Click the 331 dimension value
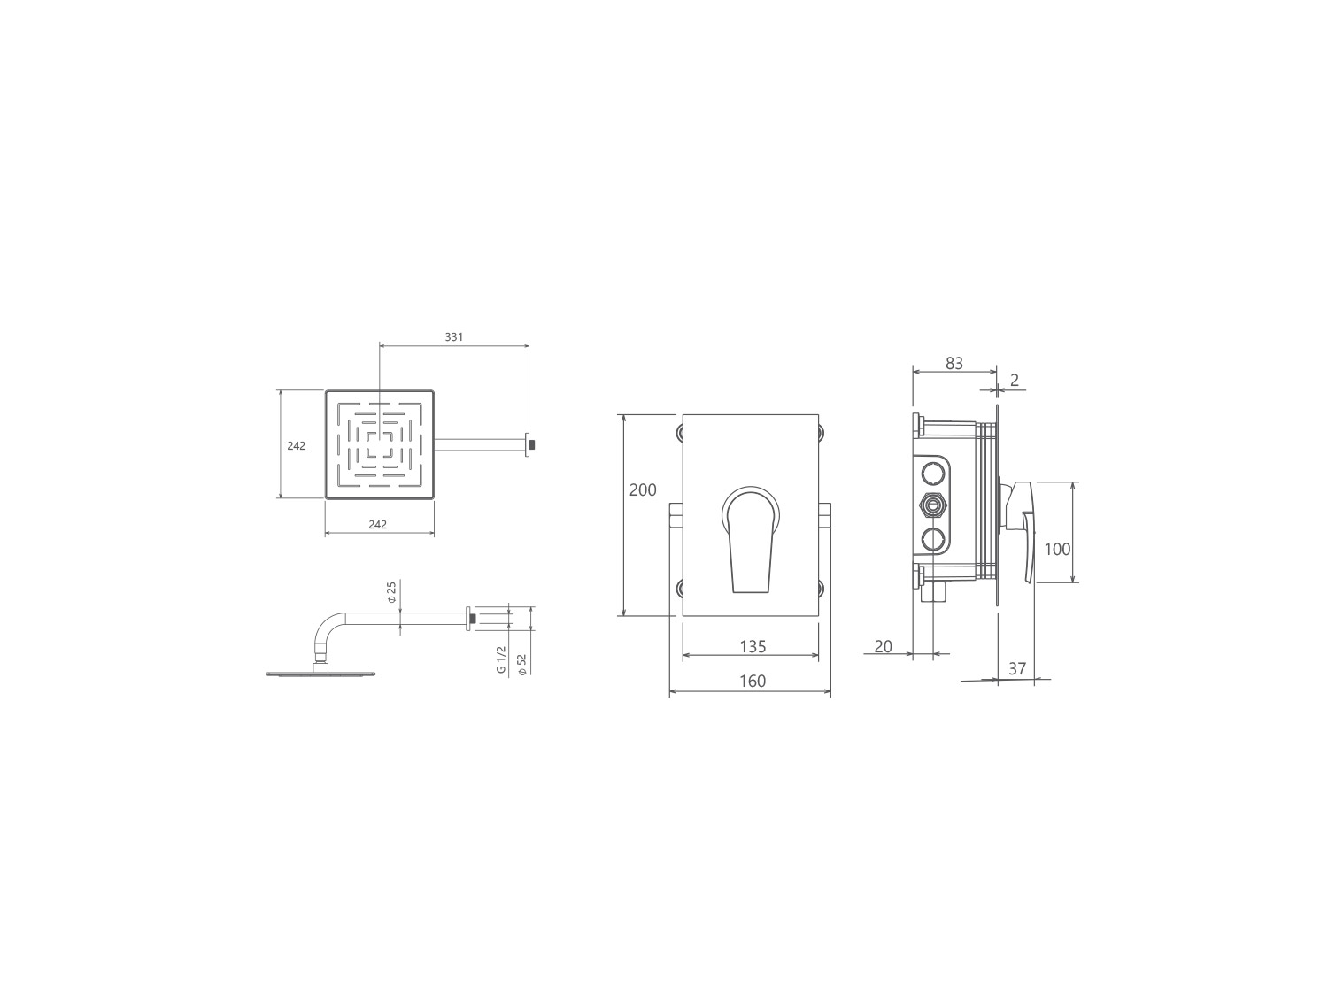454,337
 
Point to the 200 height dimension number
643,489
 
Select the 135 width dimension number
753,647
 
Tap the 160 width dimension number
753,682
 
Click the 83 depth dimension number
954,364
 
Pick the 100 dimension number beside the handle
1058,549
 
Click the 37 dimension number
1017,669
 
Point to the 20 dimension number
884,647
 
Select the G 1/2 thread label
501,659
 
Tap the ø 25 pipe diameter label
391,592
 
